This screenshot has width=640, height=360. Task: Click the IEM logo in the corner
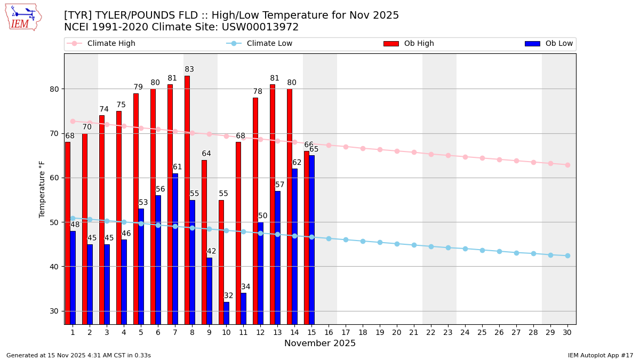pyautogui.click(x=23, y=17)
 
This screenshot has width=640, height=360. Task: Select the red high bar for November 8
pyautogui.click(x=187, y=200)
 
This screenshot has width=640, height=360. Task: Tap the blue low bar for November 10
pyautogui.click(x=226, y=313)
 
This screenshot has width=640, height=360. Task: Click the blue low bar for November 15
pyautogui.click(x=311, y=239)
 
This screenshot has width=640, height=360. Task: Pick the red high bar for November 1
pyautogui.click(x=68, y=233)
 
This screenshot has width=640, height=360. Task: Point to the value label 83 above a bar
pyautogui.click(x=189, y=70)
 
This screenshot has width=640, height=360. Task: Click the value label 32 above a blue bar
pyautogui.click(x=228, y=296)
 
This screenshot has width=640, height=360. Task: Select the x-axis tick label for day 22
pyautogui.click(x=431, y=332)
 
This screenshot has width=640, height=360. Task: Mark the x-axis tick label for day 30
pyautogui.click(x=567, y=332)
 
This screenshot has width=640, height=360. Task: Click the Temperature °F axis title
pyautogui.click(x=43, y=189)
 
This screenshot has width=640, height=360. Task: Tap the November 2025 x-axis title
pyautogui.click(x=320, y=343)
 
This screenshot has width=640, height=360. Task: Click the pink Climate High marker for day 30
pyautogui.click(x=567, y=165)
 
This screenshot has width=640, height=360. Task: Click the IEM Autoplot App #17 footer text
pyautogui.click(x=601, y=355)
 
